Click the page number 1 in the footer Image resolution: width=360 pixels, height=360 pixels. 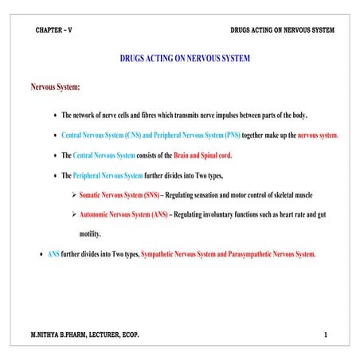(x=326, y=335)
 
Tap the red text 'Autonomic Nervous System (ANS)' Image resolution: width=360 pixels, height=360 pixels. (x=123, y=215)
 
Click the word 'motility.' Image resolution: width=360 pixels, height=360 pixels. (x=90, y=234)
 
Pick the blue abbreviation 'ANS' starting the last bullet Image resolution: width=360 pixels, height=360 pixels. (x=53, y=254)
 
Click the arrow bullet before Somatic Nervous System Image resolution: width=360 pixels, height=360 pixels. (x=73, y=195)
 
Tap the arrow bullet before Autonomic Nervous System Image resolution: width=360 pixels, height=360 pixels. (x=73, y=215)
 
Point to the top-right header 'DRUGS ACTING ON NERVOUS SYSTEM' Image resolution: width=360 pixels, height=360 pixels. (x=282, y=29)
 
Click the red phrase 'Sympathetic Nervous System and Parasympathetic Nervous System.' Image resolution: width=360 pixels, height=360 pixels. (x=229, y=254)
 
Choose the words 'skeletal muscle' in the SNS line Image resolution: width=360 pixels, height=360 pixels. (x=288, y=195)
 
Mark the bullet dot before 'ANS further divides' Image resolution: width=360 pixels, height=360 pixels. (x=41, y=255)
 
